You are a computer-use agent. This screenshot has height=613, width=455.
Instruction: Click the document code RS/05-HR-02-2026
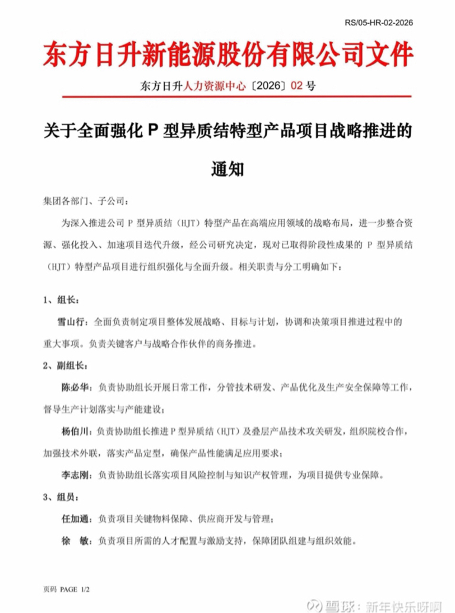pyautogui.click(x=378, y=23)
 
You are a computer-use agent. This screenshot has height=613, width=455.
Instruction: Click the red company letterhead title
pyautogui.click(x=227, y=55)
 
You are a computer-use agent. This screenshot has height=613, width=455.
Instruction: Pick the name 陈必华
pyautogui.click(x=75, y=387)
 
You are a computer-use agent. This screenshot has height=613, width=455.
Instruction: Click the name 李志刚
pyautogui.click(x=75, y=474)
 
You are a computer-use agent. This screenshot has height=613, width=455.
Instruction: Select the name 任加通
pyautogui.click(x=75, y=518)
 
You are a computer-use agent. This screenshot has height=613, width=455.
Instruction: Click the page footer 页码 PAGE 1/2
pyautogui.click(x=66, y=589)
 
